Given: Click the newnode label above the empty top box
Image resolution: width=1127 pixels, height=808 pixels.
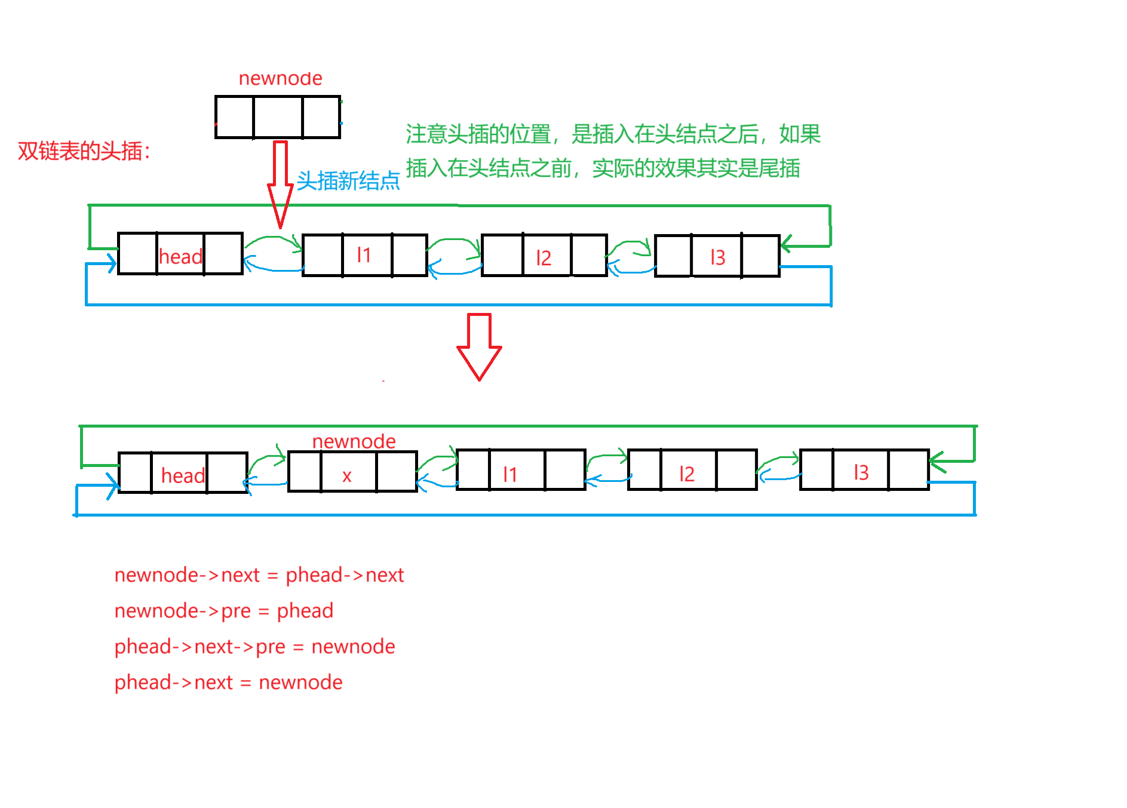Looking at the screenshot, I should point(280,78).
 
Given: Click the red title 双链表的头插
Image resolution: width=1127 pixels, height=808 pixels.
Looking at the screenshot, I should point(84,151).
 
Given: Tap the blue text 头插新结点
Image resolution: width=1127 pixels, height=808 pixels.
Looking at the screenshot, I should point(348,180).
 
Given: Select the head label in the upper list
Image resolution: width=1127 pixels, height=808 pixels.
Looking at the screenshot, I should point(180,257).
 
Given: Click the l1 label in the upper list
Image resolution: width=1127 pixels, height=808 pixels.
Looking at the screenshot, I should point(364,256).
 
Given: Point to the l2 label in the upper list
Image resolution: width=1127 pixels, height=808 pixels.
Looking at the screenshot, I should point(543,258).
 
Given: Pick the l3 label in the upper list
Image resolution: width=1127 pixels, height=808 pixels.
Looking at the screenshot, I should point(717,257).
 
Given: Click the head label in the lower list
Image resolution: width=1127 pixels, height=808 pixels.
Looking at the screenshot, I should point(183,476).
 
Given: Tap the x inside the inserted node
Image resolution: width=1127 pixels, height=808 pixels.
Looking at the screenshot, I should point(347,476).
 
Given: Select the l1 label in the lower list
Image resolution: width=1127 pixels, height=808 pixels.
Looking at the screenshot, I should point(509,475).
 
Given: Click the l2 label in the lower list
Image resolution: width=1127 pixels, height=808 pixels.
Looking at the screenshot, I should point(686,474).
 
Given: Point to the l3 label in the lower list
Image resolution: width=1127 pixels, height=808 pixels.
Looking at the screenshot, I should point(861,472).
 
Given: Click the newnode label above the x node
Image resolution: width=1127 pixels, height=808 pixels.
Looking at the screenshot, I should point(354,441).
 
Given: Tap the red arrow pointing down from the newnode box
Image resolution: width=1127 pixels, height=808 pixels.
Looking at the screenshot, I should point(280,182).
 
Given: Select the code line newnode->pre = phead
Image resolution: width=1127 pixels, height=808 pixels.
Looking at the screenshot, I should point(223,610).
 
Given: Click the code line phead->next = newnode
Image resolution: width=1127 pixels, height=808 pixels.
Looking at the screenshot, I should point(228,682).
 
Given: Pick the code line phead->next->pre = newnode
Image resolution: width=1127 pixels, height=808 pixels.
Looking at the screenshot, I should point(254,646).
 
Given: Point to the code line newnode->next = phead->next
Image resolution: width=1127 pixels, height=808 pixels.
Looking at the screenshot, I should point(259,574).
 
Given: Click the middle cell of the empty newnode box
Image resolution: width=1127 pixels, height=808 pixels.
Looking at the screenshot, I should point(278,117).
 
